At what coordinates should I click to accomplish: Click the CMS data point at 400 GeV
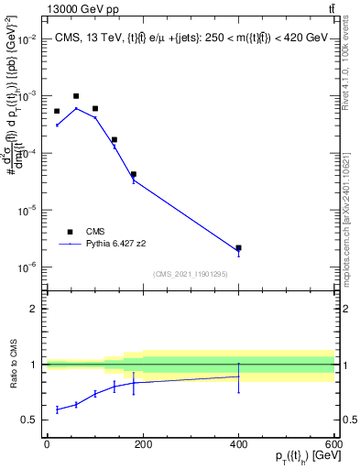(238, 247)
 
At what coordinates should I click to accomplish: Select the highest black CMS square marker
(76, 96)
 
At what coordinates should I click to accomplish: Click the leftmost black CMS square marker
(57, 111)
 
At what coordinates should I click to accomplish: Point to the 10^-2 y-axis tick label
(27, 39)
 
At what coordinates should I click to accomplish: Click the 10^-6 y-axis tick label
(27, 267)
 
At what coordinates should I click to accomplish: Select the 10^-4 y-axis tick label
(27, 154)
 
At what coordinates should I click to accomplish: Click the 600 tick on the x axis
(333, 444)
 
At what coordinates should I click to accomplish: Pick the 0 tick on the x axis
(47, 444)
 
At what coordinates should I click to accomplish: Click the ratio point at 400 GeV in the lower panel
(238, 376)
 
